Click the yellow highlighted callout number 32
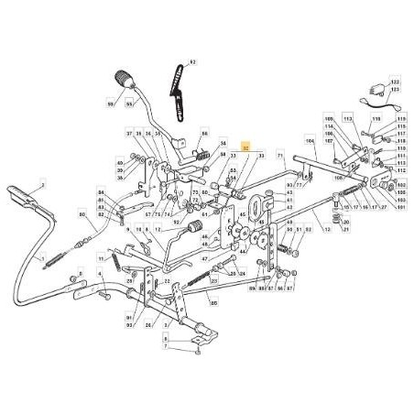click(x=245, y=146)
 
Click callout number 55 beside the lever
click(x=130, y=106)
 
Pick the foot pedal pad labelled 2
click(x=20, y=196)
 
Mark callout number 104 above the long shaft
click(x=310, y=142)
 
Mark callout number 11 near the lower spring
click(x=114, y=260)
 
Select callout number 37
click(x=129, y=134)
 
